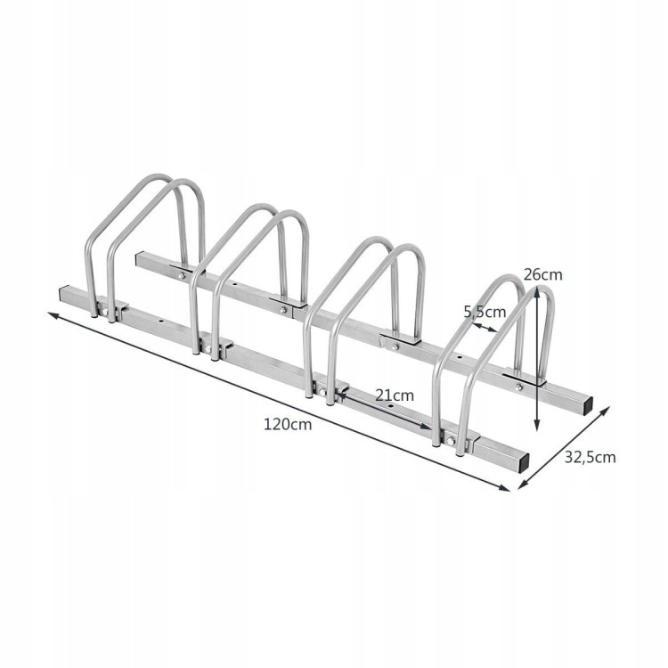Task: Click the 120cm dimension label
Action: coord(288,424)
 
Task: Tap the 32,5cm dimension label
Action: coord(590,457)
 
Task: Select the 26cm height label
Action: coord(542,275)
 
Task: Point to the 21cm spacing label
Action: coord(395,395)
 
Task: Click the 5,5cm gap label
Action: coord(485,313)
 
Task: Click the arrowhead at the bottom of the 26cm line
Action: coord(537,425)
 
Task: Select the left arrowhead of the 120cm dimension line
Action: coord(52,315)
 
